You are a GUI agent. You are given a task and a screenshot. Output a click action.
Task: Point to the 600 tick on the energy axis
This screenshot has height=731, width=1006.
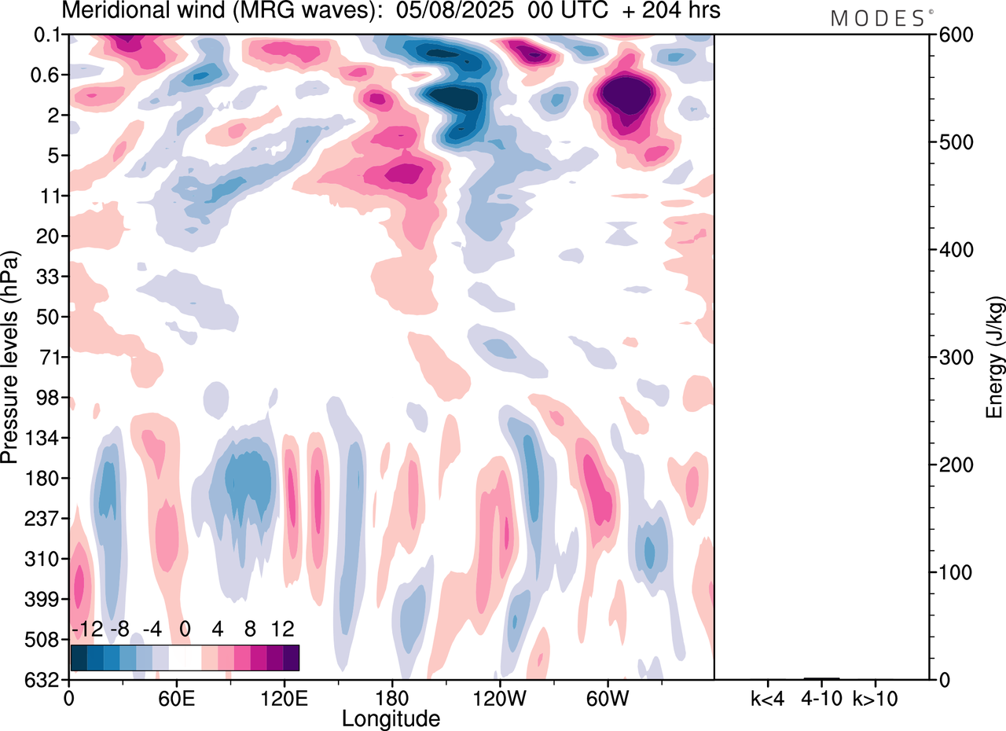[x=953, y=35]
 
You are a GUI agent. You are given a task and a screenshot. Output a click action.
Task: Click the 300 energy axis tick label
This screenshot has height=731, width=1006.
[x=953, y=358]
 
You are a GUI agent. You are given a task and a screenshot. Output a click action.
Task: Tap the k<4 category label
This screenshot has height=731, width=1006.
[x=767, y=697]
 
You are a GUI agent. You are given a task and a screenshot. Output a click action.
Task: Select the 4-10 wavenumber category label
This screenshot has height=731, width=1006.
[x=822, y=697]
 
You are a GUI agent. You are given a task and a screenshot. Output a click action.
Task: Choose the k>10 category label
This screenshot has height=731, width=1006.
[x=876, y=697]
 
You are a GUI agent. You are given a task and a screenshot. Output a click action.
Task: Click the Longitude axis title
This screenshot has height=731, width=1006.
[x=391, y=718]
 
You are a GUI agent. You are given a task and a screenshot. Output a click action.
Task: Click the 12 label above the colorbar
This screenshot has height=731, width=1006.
[x=282, y=629]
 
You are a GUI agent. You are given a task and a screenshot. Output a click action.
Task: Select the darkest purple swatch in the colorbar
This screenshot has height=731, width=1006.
[x=291, y=657]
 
